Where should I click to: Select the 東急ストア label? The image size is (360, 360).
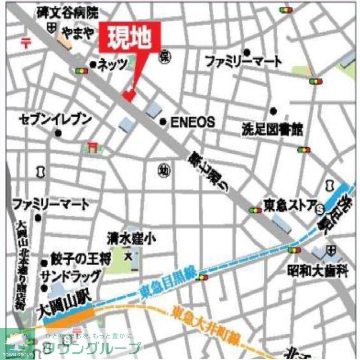coord(290,206)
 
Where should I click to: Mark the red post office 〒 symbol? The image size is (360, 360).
coord(26,43)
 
